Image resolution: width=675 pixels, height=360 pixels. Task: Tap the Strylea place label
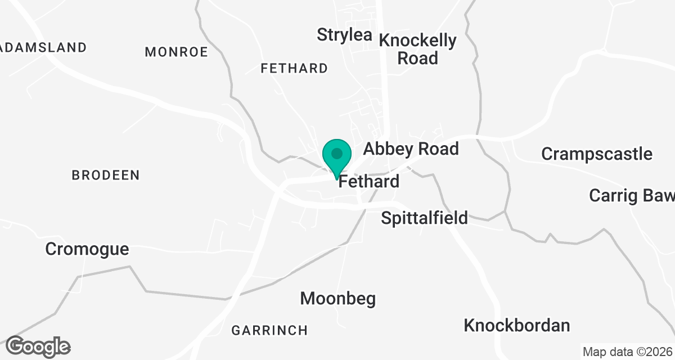[344, 34]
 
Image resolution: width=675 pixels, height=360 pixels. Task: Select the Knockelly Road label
[417, 49]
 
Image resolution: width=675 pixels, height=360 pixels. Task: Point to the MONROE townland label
[176, 52]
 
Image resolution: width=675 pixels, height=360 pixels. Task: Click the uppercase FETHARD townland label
[294, 69]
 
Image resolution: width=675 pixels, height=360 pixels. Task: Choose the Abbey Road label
[411, 149]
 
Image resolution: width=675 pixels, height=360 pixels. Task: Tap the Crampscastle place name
[597, 154]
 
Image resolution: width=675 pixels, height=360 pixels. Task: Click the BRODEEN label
[106, 175]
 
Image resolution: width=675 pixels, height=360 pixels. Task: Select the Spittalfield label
[424, 218]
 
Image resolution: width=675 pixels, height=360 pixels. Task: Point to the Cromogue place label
[87, 249]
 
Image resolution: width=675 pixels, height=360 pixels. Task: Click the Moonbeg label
[337, 298]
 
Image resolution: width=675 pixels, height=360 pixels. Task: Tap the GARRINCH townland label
[269, 330]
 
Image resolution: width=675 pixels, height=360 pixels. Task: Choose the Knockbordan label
[517, 325]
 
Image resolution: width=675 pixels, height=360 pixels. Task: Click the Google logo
[38, 346]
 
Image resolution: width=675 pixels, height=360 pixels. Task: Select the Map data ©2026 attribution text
[627, 352]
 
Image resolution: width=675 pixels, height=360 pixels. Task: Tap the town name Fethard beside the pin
[369, 182]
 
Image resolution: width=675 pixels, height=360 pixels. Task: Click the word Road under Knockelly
[417, 58]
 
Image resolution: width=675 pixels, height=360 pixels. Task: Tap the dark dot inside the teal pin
[337, 153]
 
